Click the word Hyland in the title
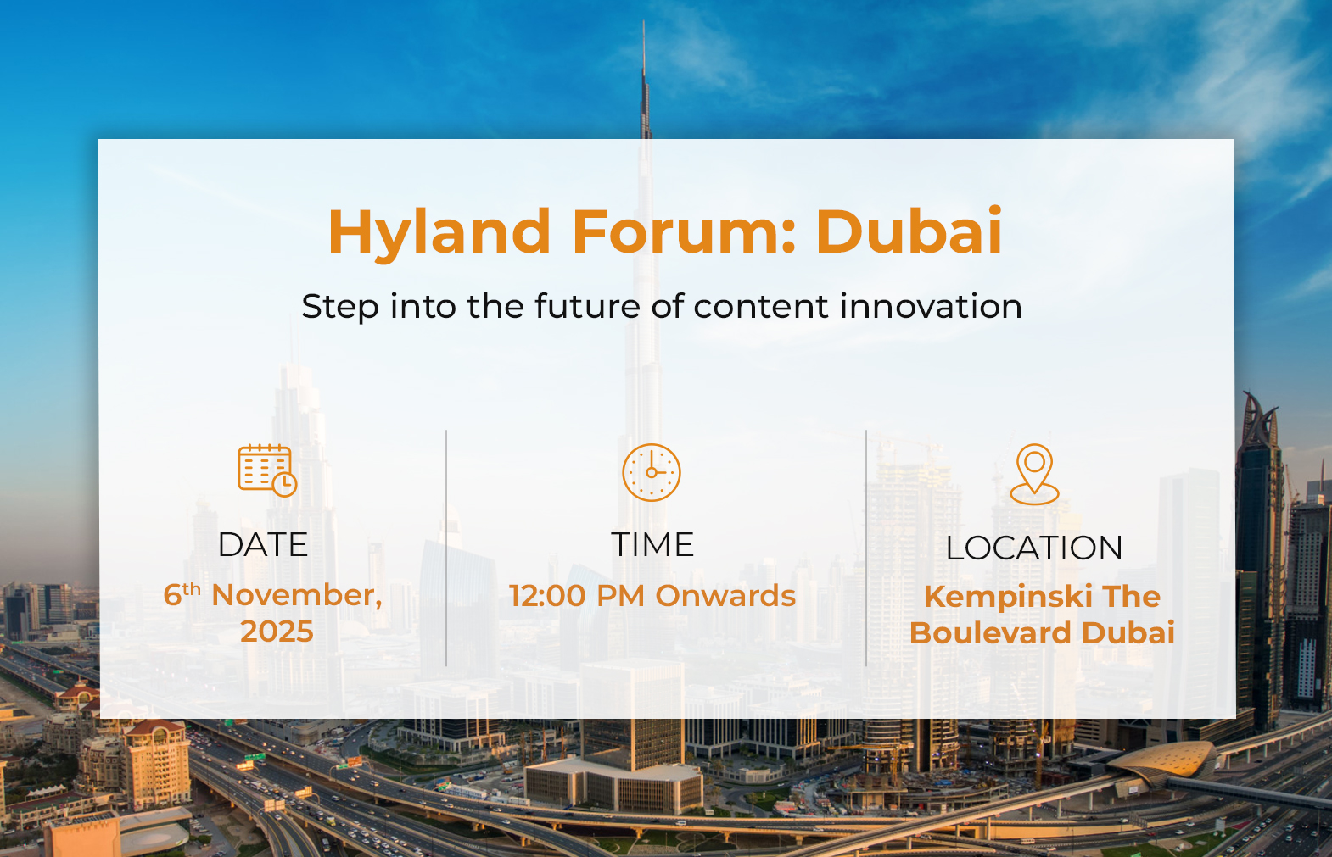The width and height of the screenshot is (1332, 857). (x=439, y=233)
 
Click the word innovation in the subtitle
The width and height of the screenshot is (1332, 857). (x=931, y=306)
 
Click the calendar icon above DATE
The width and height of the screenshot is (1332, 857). (x=267, y=470)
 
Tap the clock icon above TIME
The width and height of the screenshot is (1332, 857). (x=652, y=472)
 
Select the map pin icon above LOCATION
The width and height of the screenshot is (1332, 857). (x=1034, y=474)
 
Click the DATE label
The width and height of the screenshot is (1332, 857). (x=263, y=544)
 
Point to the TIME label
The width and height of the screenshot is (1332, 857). (x=652, y=544)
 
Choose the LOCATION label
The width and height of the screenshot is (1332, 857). (x=1034, y=548)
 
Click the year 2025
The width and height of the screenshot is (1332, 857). (x=277, y=632)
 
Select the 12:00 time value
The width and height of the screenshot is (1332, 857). (x=547, y=596)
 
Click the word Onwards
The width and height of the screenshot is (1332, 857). (x=725, y=596)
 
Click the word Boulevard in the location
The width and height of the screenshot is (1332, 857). (x=989, y=632)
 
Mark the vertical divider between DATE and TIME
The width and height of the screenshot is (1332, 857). (x=445, y=548)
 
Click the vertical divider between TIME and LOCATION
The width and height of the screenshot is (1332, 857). (x=865, y=548)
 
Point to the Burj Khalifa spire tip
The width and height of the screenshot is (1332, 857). (x=643, y=21)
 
